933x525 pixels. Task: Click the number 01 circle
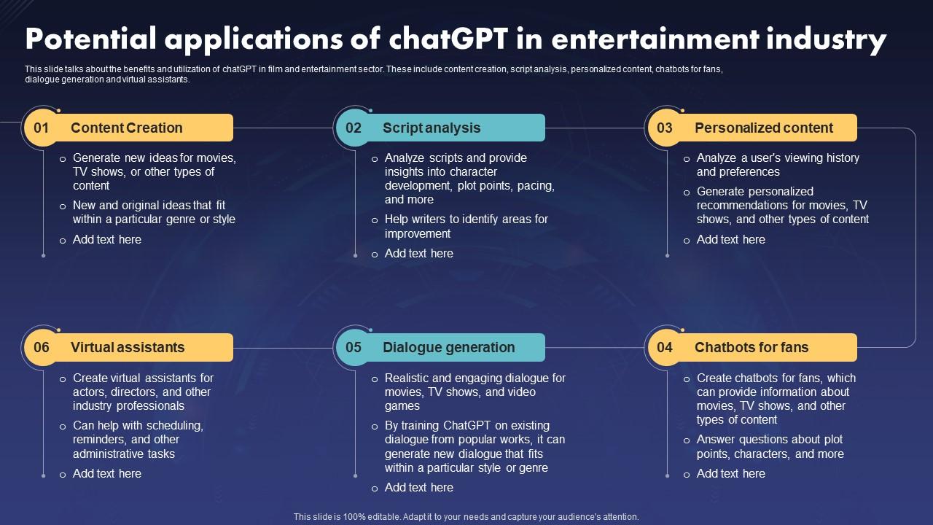coord(42,128)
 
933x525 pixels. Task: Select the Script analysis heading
coord(431,128)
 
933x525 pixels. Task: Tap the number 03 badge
coord(665,128)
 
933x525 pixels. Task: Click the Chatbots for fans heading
coord(751,348)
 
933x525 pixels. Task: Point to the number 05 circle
coord(354,348)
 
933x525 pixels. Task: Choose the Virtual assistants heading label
coord(128,348)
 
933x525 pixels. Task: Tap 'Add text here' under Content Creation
coord(107,240)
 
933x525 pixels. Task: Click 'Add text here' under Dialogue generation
coord(419,488)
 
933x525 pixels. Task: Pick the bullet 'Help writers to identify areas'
coord(466,226)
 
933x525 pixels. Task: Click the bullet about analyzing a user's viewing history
coord(777,165)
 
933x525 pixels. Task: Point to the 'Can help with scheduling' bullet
coord(138,440)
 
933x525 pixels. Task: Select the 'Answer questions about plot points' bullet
coord(770,446)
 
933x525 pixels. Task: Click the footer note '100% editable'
coord(466,516)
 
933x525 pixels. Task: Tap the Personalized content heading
coord(763,128)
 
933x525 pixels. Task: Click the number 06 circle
coord(42,348)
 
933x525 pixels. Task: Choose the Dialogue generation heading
coord(448,348)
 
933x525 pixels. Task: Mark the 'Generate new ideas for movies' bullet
coord(154,171)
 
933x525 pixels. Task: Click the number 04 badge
coord(665,348)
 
